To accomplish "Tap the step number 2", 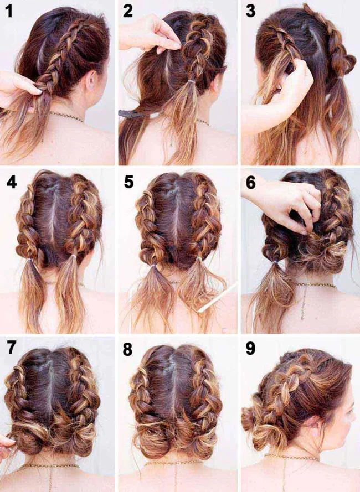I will (x=129, y=11).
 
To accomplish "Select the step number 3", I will (x=250, y=11).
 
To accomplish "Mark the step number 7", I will (x=11, y=348).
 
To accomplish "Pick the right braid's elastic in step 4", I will (x=73, y=257).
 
